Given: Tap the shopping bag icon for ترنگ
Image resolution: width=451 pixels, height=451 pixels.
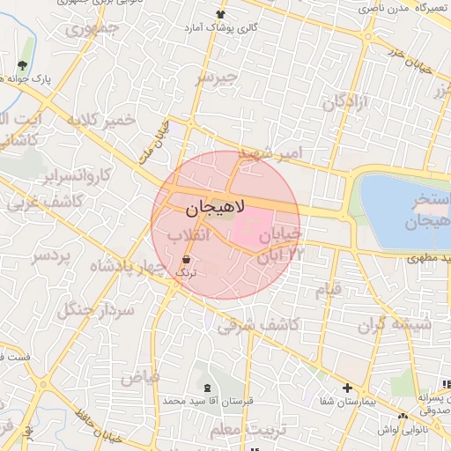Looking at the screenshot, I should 187,260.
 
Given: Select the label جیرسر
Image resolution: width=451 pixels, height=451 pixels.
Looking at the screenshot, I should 216,77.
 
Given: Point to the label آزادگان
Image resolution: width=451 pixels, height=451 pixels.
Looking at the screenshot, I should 347,104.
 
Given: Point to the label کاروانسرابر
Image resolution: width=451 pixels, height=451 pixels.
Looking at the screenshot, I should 74,175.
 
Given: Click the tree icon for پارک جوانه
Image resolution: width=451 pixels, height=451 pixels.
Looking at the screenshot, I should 23,66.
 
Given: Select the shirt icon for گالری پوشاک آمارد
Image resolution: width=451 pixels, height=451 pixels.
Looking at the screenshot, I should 220,14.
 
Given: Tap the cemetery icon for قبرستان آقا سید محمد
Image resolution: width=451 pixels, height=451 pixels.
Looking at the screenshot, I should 208,388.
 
